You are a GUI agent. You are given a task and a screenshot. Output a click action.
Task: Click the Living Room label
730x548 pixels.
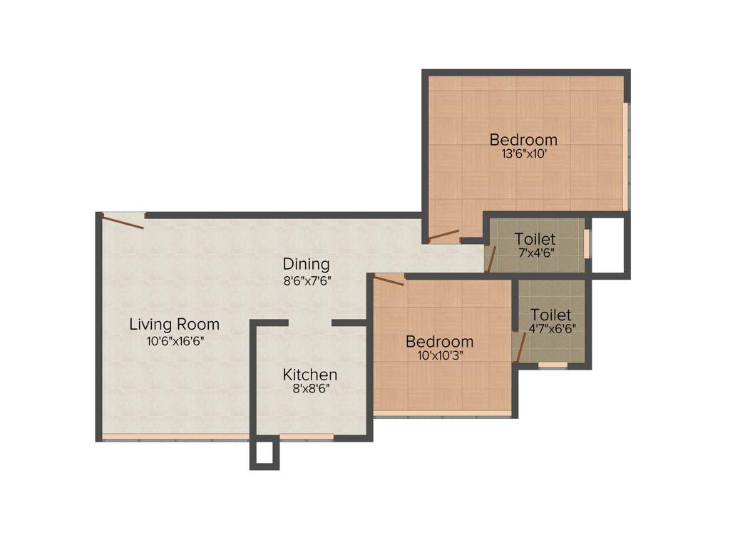coord(174,325)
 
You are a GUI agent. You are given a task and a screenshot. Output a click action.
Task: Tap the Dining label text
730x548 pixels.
coord(306,264)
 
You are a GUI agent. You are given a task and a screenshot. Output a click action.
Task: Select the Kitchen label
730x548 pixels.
coord(310,375)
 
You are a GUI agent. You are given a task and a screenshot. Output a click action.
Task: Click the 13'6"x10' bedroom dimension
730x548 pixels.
coord(523,153)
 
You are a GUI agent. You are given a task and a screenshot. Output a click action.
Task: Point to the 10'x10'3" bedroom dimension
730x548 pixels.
coord(439,355)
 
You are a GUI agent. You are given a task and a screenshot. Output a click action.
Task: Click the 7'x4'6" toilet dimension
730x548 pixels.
coord(536,253)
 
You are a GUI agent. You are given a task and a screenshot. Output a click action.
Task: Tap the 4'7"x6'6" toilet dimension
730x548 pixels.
coord(552,329)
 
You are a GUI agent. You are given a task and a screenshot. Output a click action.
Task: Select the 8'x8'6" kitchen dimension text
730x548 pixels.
coord(310,389)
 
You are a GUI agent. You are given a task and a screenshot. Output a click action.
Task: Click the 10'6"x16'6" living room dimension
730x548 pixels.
coord(175,340)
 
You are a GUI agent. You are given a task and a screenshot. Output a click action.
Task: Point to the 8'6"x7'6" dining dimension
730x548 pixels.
coord(307,280)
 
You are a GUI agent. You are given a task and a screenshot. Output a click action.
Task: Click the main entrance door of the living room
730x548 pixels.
coord(123,221)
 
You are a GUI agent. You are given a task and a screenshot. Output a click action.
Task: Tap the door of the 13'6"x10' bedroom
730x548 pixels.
coord(443,235)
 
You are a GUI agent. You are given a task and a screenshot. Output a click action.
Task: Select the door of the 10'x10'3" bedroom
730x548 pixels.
coord(389,280)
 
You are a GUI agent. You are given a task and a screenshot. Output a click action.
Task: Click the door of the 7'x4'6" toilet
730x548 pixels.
coord(490,258)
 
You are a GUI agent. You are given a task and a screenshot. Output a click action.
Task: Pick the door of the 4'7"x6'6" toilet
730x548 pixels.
coord(520,347)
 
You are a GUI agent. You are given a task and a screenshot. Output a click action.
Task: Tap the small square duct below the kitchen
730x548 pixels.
coord(264,454)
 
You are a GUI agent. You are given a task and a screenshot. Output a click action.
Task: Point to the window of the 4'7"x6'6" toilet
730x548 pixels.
coord(552,365)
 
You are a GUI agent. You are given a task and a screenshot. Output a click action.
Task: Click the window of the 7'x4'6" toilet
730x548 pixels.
coord(587,243)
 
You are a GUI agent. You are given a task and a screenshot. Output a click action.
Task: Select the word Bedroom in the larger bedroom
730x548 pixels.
coord(523,140)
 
